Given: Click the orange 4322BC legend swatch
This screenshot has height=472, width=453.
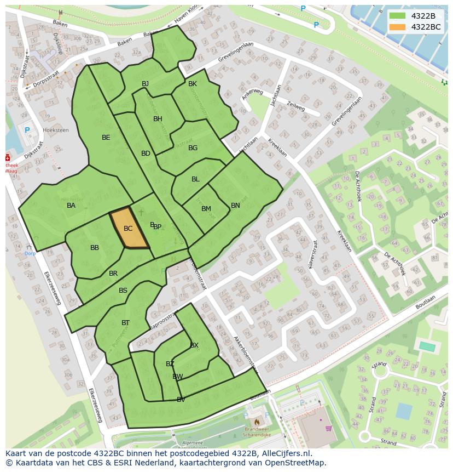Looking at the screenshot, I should click(x=398, y=27).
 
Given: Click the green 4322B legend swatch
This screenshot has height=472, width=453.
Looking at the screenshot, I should click(x=398, y=16).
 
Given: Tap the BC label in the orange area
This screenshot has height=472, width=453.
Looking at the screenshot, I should click(x=128, y=229).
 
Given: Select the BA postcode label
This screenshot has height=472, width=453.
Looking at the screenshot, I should click(x=71, y=206).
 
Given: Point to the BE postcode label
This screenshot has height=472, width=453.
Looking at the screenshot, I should click(x=106, y=138).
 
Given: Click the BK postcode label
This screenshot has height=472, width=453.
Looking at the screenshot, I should click(x=193, y=84).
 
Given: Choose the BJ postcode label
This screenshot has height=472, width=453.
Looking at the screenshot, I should click(x=146, y=84).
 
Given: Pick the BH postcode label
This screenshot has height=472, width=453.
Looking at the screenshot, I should click(x=158, y=119).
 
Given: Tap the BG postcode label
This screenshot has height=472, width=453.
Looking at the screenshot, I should click(x=193, y=148).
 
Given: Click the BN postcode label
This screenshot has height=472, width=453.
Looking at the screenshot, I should click(x=235, y=206).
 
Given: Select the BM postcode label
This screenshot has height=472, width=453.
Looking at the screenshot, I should click(x=206, y=209).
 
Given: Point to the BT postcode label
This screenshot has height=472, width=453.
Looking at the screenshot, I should click(x=125, y=323).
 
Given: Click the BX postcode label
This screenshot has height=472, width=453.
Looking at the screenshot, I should click(x=194, y=345).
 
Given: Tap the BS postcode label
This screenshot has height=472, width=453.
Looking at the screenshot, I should click(x=123, y=291).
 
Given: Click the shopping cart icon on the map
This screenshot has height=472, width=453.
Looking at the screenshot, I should click(x=328, y=429).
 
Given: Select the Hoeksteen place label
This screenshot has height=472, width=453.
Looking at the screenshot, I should click(x=56, y=130).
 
